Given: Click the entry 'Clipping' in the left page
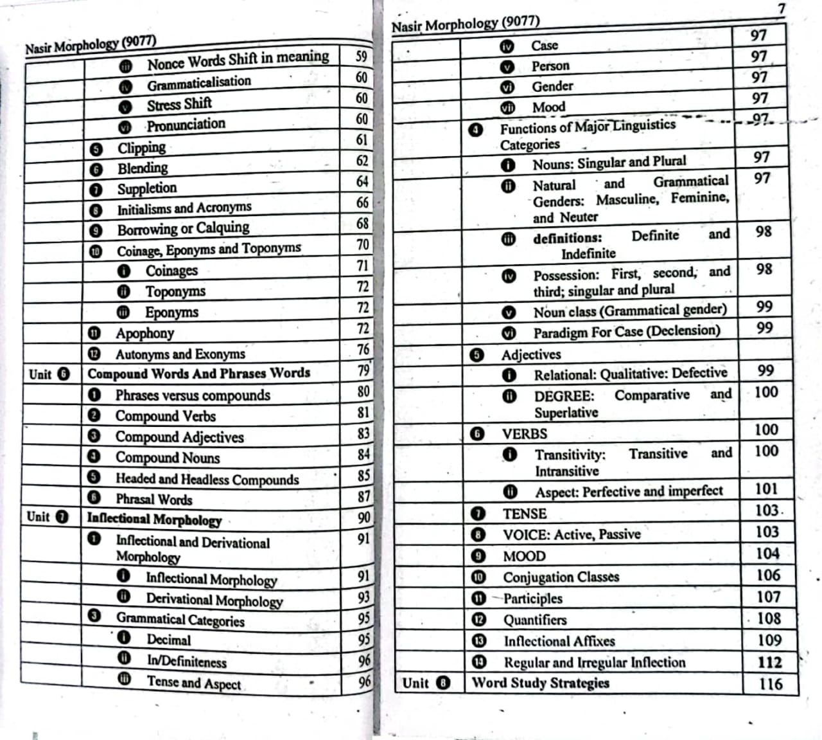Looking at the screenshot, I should coord(141,148).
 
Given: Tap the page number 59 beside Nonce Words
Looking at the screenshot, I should coord(362,57).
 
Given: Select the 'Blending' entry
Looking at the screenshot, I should coord(143,168).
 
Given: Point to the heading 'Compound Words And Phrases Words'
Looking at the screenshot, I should coord(198,374).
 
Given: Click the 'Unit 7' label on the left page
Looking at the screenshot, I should coord(48,517).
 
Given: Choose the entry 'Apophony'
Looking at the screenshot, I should coord(144,333).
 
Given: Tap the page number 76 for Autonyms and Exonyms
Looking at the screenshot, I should coord(363,349).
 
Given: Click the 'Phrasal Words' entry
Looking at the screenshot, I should coord(153,499).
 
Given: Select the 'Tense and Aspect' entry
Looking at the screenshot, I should coord(193,682).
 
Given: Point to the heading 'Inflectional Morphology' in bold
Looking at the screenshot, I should coord(154,519).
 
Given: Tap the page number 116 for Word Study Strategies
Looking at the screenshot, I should coord(770,683).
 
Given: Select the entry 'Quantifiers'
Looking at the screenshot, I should coord(534,620).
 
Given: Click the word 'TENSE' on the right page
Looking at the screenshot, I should coord(525,514).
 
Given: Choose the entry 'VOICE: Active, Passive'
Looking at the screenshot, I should coord(572,534).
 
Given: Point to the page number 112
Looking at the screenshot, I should coord(769,662).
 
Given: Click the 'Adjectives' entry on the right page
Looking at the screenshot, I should coord(531,354).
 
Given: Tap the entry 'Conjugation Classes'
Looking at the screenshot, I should coord(561,577).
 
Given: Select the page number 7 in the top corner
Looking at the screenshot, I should coord(781,9).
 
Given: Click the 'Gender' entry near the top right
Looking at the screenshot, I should coord(552,86).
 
